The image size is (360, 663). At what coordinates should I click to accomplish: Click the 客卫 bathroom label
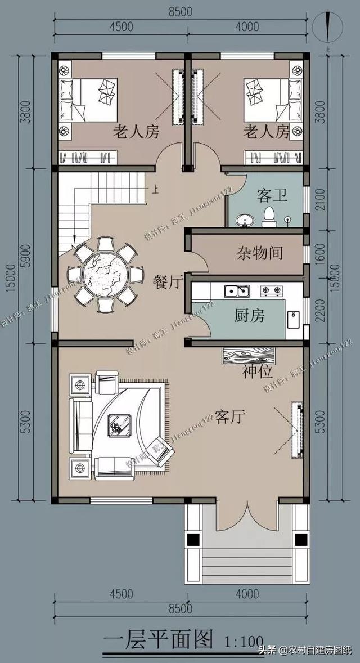click(272, 195)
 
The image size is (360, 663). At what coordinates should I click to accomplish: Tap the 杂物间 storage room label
click(259, 253)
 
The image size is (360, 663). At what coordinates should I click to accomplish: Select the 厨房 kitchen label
click(249, 316)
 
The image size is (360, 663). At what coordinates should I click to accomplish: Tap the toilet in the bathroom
click(269, 216)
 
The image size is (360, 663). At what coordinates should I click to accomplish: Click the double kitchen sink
click(237, 291)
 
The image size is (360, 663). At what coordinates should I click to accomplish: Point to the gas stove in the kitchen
click(271, 291)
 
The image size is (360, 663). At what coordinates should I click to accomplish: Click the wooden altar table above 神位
click(249, 355)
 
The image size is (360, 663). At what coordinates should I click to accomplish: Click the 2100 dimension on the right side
click(321, 199)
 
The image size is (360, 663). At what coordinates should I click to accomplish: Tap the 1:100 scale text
click(244, 641)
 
